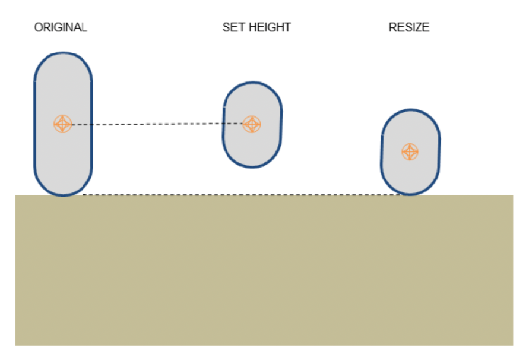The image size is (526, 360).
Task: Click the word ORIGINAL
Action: [61, 27]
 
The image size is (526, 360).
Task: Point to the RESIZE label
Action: [408, 27]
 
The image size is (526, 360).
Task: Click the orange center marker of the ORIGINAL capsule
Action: [62, 124]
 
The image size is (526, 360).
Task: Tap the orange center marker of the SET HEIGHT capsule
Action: [252, 124]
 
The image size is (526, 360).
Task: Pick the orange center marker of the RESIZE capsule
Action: [409, 152]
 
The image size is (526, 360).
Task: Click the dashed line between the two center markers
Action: [157, 124]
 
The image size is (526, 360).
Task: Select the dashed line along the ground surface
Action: [237, 195]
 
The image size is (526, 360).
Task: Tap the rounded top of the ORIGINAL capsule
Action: [63, 53]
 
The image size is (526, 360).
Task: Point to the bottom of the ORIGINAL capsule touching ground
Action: [63, 195]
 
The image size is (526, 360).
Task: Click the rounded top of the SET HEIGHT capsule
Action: [253, 83]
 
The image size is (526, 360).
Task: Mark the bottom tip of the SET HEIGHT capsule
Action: [252, 167]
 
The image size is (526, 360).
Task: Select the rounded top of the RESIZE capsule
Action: [410, 110]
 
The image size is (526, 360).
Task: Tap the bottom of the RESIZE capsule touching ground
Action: [410, 194]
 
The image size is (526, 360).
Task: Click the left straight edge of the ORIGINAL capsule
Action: [35, 125]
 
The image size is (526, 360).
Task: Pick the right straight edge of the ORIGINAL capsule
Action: [91, 125]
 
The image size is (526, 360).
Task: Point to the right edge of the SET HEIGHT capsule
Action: [281, 125]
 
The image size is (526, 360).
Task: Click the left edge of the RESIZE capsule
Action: [381, 153]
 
